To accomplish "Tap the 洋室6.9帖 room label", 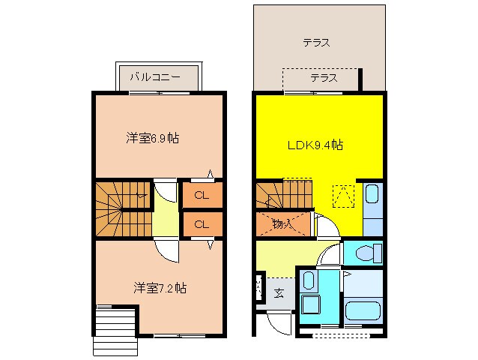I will (152, 138).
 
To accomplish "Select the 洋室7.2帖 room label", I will (160, 287).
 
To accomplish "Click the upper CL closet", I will (202, 196).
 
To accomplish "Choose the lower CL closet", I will (202, 223).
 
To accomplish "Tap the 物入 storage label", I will (281, 223).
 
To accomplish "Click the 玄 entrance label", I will (278, 294).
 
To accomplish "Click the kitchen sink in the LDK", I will (372, 197).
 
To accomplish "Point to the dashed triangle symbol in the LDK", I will (343, 196).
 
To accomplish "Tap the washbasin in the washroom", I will (309, 282).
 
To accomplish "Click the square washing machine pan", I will (310, 307).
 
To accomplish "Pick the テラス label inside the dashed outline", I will (323, 78).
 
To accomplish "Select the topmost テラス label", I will (316, 43).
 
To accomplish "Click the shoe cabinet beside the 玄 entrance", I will (258, 286).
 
